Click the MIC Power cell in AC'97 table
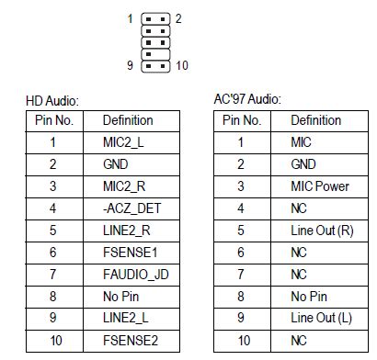click(x=319, y=186)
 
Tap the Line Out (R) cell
click(x=321, y=231)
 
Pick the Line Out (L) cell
click(x=321, y=318)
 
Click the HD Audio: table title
click(x=52, y=100)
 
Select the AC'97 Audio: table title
click(x=247, y=98)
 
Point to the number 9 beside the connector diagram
click(x=131, y=65)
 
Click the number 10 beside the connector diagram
click(x=181, y=65)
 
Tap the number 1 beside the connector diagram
click(x=131, y=18)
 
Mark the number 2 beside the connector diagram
click(x=178, y=18)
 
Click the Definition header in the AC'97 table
click(x=316, y=120)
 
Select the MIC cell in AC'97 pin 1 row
click(x=301, y=142)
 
